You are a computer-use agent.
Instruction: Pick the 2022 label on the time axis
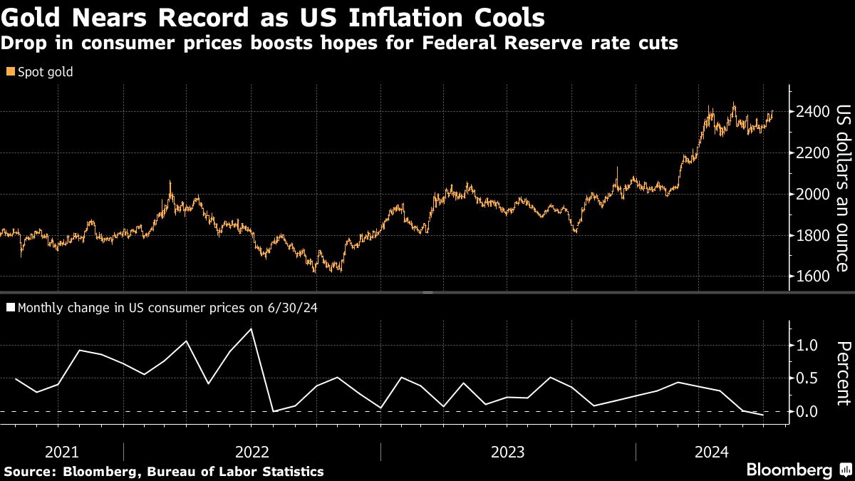coord(252,452)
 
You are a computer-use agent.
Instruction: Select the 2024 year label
coord(711,452)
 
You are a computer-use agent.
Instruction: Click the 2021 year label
coord(61,452)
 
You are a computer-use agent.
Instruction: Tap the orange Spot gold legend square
coord(9,72)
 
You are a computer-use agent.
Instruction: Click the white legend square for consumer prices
coord(9,308)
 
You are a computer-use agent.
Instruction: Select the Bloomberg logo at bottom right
coord(789,470)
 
